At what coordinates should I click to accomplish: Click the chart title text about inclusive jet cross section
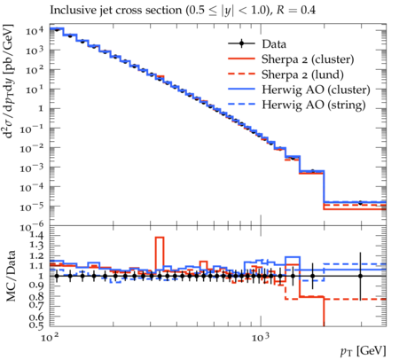(x=183, y=11)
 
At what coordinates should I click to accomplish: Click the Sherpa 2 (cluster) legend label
(x=308, y=59)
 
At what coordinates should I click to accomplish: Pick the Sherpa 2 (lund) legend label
(x=302, y=74)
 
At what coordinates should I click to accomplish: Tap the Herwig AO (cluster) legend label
(x=316, y=90)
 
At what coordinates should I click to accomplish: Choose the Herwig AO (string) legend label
(x=314, y=105)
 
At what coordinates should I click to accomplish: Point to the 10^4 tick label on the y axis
(x=35, y=30)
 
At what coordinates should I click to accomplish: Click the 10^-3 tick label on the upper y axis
(x=32, y=168)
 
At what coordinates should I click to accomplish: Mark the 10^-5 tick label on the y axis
(x=32, y=207)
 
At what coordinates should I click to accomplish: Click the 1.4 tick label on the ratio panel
(x=36, y=236)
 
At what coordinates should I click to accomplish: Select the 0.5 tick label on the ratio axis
(x=36, y=325)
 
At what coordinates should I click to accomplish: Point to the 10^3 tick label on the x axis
(x=261, y=337)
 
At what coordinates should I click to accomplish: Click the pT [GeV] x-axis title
(x=364, y=351)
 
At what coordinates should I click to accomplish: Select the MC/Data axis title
(x=11, y=276)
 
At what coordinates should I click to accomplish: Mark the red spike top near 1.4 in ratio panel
(x=160, y=237)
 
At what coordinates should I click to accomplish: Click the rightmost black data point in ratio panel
(x=360, y=276)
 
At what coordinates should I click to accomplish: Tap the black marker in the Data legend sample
(x=241, y=44)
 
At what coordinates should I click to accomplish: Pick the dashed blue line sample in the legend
(x=241, y=104)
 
